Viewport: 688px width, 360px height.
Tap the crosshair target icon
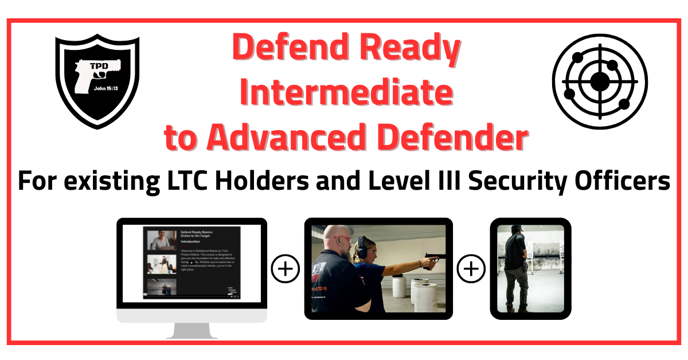click(600, 81)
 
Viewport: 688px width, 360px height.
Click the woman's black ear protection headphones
click(362, 246)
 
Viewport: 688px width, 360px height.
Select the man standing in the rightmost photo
click(515, 267)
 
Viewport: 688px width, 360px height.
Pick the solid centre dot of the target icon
click(600, 81)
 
